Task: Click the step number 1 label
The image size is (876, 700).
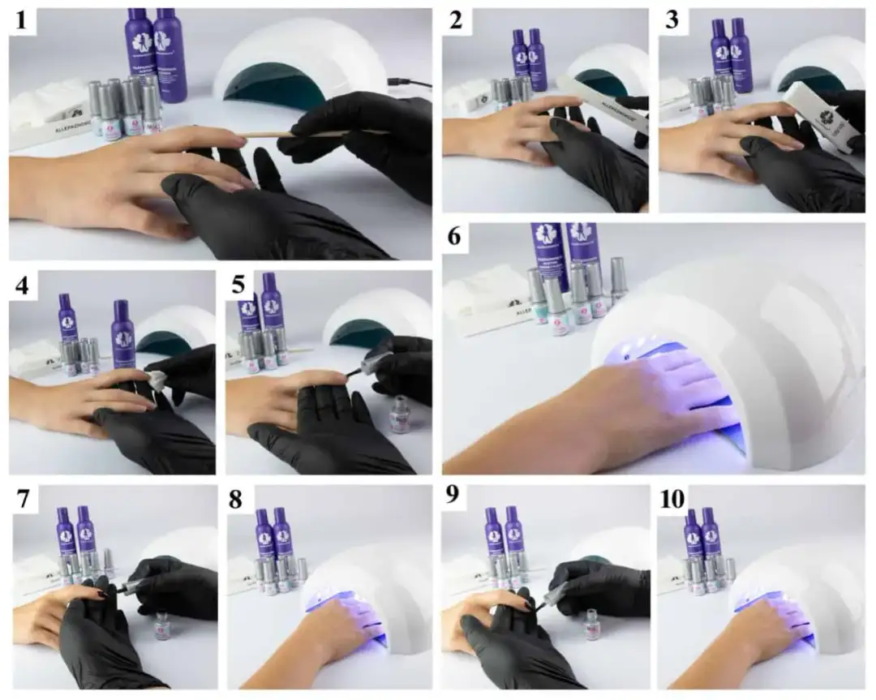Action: (24, 22)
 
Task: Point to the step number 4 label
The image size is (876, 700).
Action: (24, 285)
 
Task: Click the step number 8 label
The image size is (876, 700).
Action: (238, 500)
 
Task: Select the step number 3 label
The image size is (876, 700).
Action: (672, 22)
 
